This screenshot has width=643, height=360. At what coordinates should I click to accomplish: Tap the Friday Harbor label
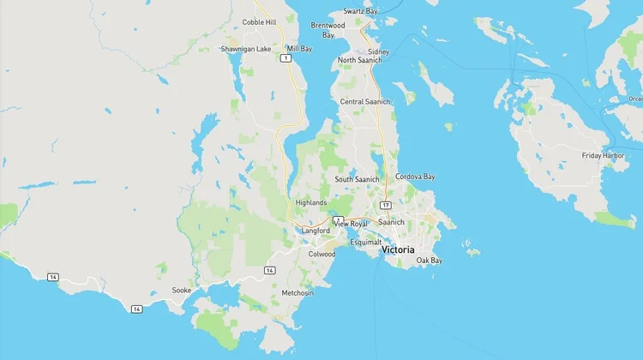(x=603, y=155)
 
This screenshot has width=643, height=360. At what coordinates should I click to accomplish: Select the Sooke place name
(x=181, y=291)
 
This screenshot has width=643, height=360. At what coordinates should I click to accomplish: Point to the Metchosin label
(x=297, y=292)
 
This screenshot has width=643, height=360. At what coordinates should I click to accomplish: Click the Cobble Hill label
(x=259, y=22)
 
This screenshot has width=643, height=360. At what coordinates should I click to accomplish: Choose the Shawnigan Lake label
(x=246, y=49)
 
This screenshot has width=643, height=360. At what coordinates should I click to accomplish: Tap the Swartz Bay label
(x=360, y=11)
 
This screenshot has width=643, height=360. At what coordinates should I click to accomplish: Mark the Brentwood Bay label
(x=328, y=30)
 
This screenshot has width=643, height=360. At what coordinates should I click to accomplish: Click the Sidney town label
(x=378, y=51)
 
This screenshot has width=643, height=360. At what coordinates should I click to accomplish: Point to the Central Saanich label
(x=365, y=101)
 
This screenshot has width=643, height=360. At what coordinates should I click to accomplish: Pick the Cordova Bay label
(x=415, y=177)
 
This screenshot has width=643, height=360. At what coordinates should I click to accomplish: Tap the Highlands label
(x=311, y=202)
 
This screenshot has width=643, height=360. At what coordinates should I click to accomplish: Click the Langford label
(x=315, y=231)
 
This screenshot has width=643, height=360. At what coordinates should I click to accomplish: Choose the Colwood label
(x=321, y=254)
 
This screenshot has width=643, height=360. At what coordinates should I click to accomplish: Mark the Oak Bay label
(x=429, y=260)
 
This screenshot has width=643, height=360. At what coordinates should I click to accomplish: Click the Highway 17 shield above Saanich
(x=387, y=206)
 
